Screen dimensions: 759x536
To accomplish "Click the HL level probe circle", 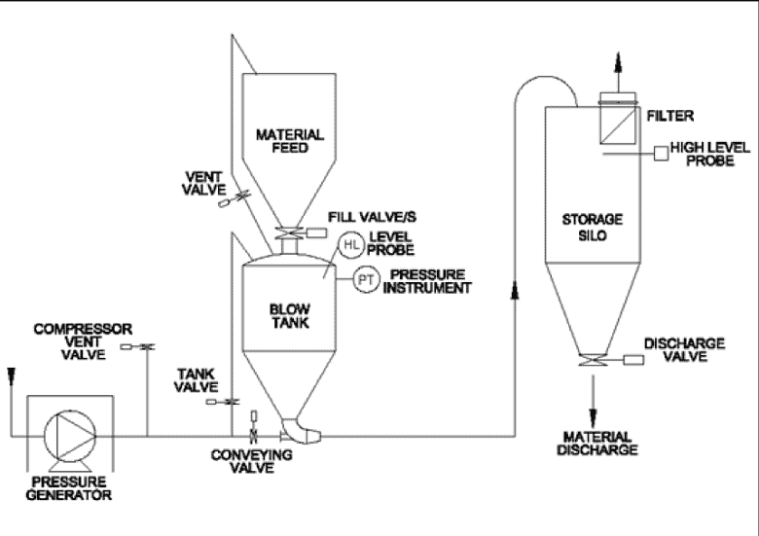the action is (x=351, y=245).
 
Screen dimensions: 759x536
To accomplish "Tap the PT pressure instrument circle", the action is (x=367, y=279).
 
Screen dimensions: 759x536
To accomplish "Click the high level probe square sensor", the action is (x=662, y=154).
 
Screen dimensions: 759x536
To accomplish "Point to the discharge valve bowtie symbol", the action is (x=593, y=360).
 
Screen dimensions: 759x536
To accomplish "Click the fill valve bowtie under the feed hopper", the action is (x=289, y=233).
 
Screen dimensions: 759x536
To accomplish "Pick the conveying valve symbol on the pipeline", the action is (x=253, y=427).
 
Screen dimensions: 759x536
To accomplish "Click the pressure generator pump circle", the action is (x=70, y=437).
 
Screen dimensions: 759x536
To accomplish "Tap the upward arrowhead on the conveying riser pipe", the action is (x=515, y=291).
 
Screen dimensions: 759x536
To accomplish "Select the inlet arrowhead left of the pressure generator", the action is (x=11, y=376).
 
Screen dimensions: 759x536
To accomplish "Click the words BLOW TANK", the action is (x=289, y=316).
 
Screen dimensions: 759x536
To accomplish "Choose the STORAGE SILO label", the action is (x=593, y=228).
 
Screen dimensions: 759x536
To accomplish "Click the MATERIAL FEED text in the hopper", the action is (x=289, y=141).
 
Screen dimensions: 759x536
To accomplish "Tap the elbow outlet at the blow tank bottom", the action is (x=301, y=431).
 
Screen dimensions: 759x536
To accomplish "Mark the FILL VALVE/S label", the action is (x=372, y=217).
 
